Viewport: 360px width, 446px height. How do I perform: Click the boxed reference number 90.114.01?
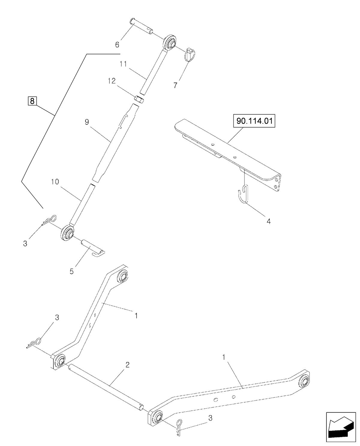[254, 121]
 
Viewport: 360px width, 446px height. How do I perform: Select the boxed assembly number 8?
[32, 101]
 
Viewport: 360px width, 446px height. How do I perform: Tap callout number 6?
[117, 45]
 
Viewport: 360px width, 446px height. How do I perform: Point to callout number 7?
[175, 85]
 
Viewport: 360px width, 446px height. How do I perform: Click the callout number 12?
[112, 81]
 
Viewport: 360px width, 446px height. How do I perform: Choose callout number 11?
[123, 64]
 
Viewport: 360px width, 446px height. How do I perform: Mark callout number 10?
[55, 182]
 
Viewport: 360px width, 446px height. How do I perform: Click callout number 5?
[71, 271]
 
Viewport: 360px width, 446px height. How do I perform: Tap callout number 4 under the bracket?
[268, 221]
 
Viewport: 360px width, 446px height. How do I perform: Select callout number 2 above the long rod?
[127, 365]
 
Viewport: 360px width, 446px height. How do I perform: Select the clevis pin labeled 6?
[142, 26]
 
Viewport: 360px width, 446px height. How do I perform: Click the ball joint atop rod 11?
[170, 42]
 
